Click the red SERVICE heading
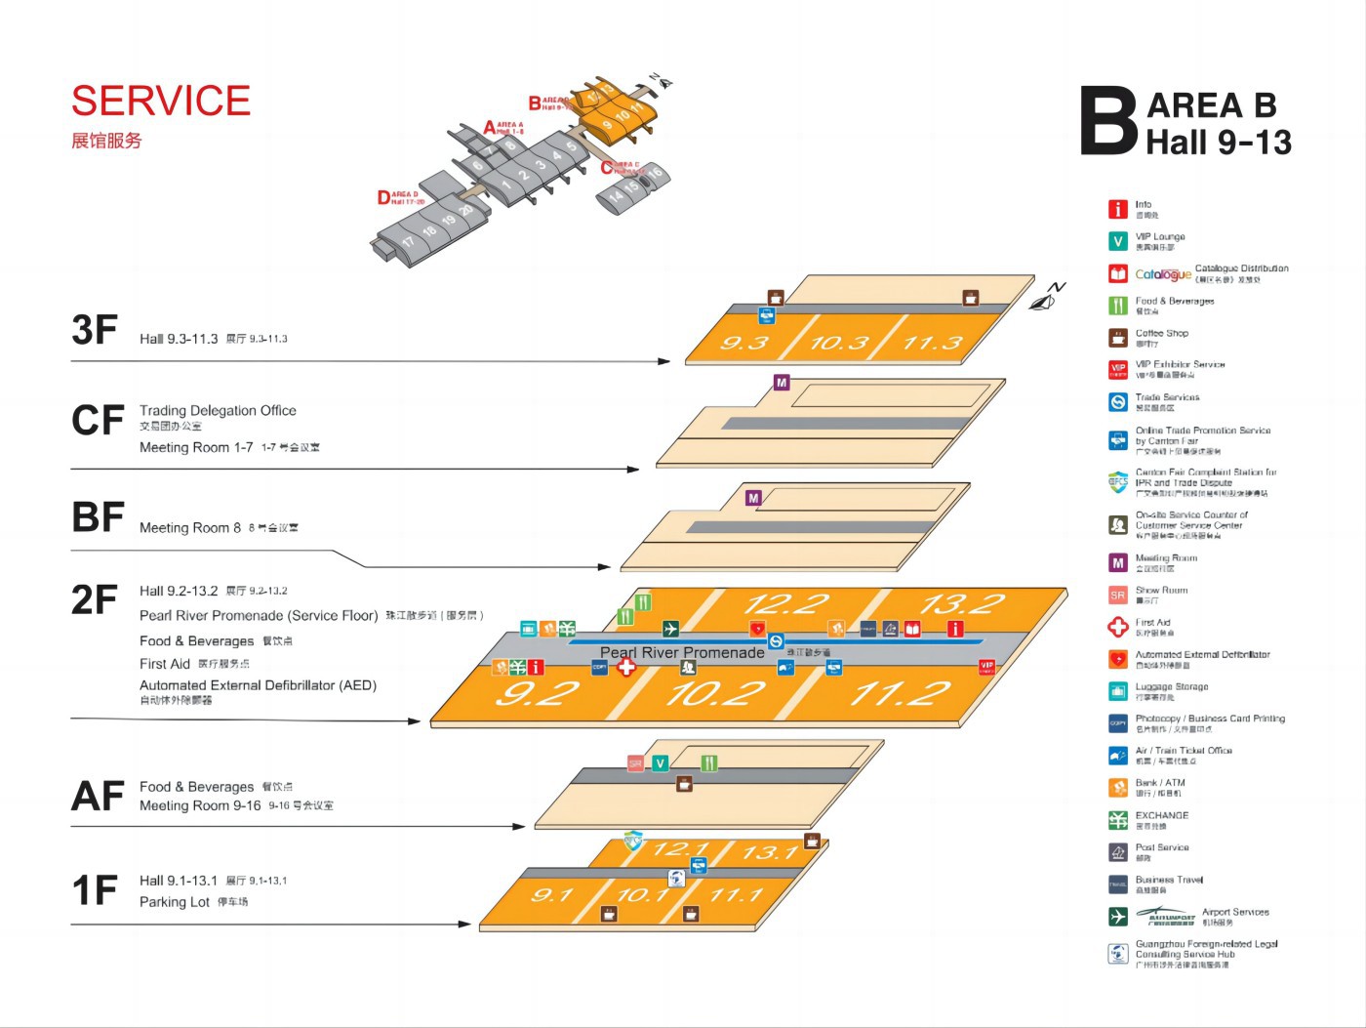click(x=161, y=101)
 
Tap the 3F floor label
click(x=95, y=330)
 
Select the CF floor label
click(x=98, y=420)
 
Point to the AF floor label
click(x=98, y=796)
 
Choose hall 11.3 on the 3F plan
click(x=932, y=343)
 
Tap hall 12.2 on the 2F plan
click(x=785, y=603)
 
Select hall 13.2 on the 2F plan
click(x=961, y=603)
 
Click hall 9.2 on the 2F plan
click(x=538, y=693)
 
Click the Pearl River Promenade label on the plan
click(x=682, y=652)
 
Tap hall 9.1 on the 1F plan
click(x=552, y=895)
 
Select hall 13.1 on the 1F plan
click(x=771, y=852)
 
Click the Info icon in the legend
click(x=1118, y=209)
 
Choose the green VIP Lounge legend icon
click(x=1118, y=241)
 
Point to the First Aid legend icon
click(x=1118, y=627)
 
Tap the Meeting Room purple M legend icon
click(x=1118, y=562)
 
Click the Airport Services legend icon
click(x=1118, y=916)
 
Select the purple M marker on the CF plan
click(x=781, y=383)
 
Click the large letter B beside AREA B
click(x=1109, y=121)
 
